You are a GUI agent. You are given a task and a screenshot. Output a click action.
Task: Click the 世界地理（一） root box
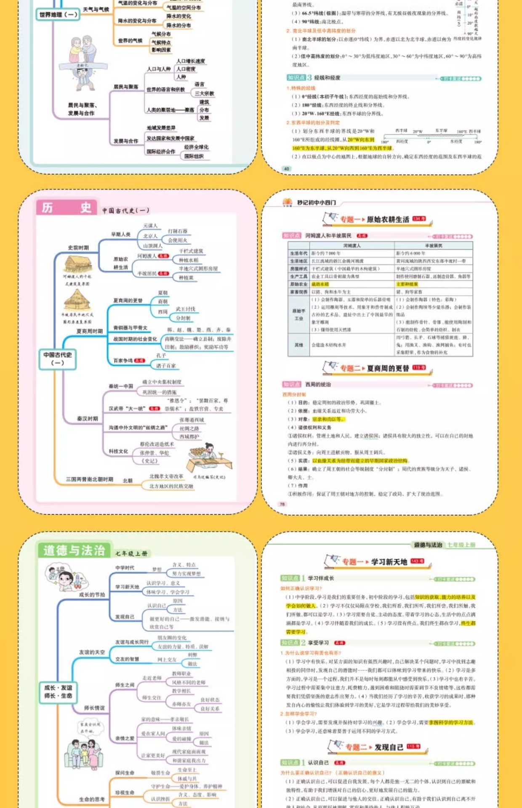(x=58, y=15)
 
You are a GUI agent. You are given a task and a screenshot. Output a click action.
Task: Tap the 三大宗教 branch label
(x=204, y=93)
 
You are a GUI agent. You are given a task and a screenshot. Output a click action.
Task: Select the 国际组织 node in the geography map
(x=194, y=156)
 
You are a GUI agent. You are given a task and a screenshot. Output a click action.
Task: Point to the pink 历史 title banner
(x=67, y=207)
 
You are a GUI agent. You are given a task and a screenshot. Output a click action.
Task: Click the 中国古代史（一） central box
(x=58, y=359)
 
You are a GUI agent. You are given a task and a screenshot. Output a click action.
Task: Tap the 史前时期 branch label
(x=78, y=248)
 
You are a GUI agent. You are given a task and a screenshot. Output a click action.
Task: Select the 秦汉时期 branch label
(x=87, y=419)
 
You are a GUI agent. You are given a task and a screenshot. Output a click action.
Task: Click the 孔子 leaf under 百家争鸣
(x=161, y=356)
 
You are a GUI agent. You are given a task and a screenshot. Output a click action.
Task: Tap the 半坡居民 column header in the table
(x=433, y=246)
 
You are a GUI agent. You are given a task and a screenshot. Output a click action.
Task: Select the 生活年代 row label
(x=298, y=253)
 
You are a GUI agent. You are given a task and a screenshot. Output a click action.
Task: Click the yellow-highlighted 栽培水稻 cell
(x=320, y=284)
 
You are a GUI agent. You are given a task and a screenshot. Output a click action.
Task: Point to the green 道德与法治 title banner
(x=74, y=550)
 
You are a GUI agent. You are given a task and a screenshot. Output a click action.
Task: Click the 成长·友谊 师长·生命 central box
(x=58, y=692)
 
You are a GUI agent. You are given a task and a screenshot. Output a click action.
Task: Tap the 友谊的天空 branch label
(x=92, y=652)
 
